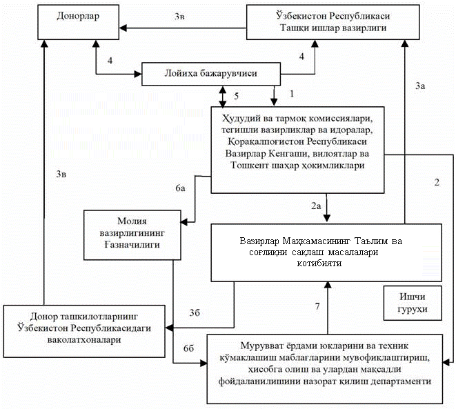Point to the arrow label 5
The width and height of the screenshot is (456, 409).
tap(236, 95)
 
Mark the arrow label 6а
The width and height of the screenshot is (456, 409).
tap(180, 188)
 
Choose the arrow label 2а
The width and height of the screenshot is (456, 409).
tap(316, 206)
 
